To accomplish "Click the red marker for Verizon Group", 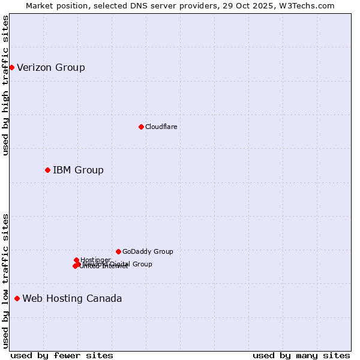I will (x=11, y=67).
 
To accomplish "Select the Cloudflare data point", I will (x=141, y=127).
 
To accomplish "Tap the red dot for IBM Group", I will (x=47, y=170).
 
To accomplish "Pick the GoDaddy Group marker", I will (x=118, y=251).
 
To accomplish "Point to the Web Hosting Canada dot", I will (x=17, y=298).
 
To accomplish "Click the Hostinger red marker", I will (x=76, y=260).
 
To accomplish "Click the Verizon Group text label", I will (x=51, y=67).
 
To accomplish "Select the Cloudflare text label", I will (x=161, y=127).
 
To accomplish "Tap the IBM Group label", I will (x=78, y=170).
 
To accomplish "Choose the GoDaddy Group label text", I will (x=148, y=251).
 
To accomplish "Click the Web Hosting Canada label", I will (x=72, y=298).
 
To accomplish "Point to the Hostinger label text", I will (x=95, y=260).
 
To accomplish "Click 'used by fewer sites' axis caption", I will (x=62, y=355).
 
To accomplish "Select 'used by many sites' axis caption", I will (x=301, y=355).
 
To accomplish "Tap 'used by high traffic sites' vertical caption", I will (x=5, y=85).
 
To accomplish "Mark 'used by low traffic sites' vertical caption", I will (x=5, y=281).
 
